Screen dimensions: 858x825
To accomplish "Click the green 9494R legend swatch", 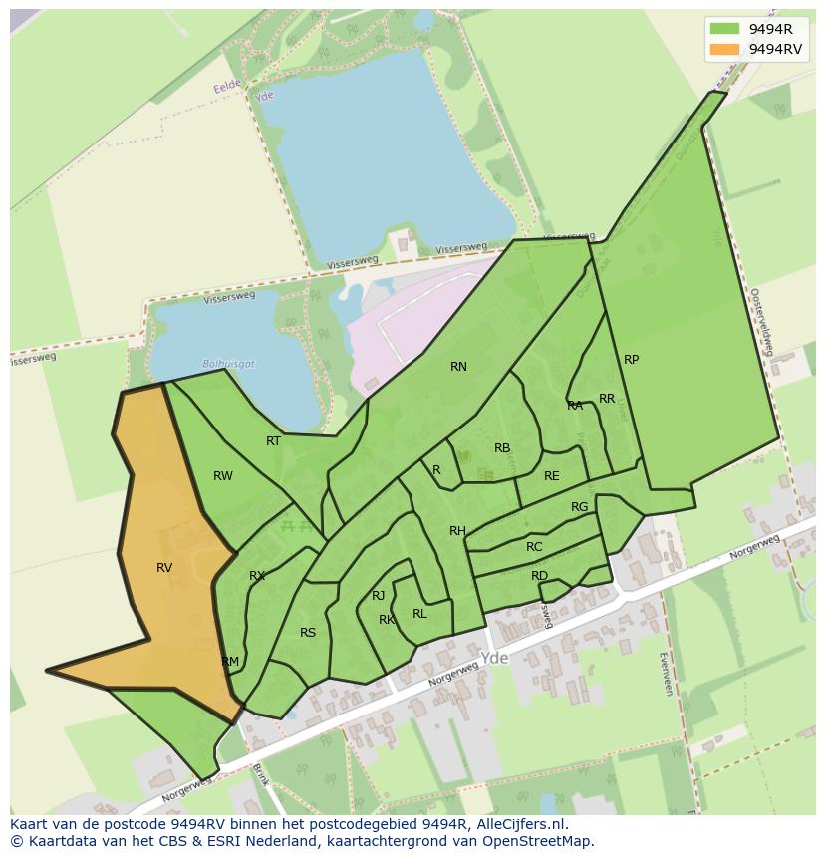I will pos(726,29).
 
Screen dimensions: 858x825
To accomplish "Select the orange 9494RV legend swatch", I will pos(726,49).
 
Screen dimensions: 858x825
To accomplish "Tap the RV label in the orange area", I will pos(164,568).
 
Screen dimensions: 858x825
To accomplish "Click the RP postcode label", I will pos(631,360).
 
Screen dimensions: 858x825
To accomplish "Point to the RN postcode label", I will pos(458,367).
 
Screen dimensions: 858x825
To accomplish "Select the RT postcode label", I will pos(273,441).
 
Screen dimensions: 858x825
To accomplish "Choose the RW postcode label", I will pos(223,476).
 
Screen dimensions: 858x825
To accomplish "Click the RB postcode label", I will pos(502,448).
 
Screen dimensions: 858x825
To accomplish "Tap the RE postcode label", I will pos(551,476).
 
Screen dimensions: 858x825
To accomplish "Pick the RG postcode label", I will pos(579,507).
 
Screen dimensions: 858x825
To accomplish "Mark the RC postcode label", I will pos(534,547).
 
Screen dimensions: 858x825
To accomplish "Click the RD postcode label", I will pos(539,576).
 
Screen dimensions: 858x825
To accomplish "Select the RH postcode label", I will pos(457,531).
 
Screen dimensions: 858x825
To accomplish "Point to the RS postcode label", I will pos(308,633).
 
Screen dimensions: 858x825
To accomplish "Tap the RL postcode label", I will pos(419,614).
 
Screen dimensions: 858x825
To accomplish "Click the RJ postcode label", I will pos(378,596).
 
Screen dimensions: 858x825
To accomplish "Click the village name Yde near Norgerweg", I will pos(494,659).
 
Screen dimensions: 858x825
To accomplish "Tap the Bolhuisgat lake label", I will pos(228,364).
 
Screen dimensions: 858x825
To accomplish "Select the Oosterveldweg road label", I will pos(761,322).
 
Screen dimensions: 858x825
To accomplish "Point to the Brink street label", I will pos(260,774).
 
